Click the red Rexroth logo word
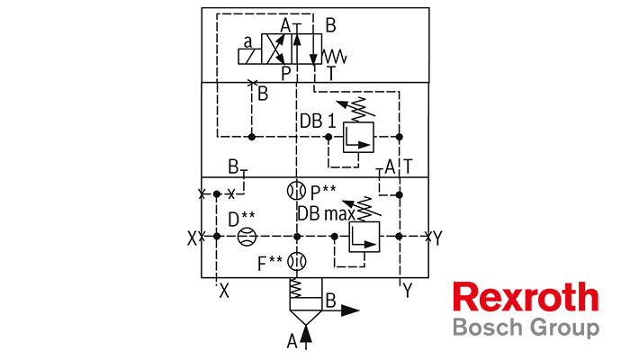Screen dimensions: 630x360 point(526,297)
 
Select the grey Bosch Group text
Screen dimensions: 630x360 point(526,328)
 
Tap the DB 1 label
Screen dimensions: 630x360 point(318,121)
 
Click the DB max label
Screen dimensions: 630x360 point(326,214)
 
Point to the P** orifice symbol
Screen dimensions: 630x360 point(296,191)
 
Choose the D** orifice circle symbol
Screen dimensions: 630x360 point(247,237)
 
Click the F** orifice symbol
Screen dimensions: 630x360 point(296,262)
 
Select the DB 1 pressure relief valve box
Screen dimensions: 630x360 point(358,138)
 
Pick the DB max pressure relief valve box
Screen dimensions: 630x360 point(364,237)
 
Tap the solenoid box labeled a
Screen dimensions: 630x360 point(249,57)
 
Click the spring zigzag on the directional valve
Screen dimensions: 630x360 point(334,56)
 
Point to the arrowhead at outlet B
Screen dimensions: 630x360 point(350,310)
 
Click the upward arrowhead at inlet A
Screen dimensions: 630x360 point(306,333)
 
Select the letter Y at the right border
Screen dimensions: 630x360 point(437,238)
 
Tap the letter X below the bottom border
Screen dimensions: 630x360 point(224,291)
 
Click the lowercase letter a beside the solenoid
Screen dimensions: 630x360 point(247,41)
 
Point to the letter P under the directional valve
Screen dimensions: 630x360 point(285,74)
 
